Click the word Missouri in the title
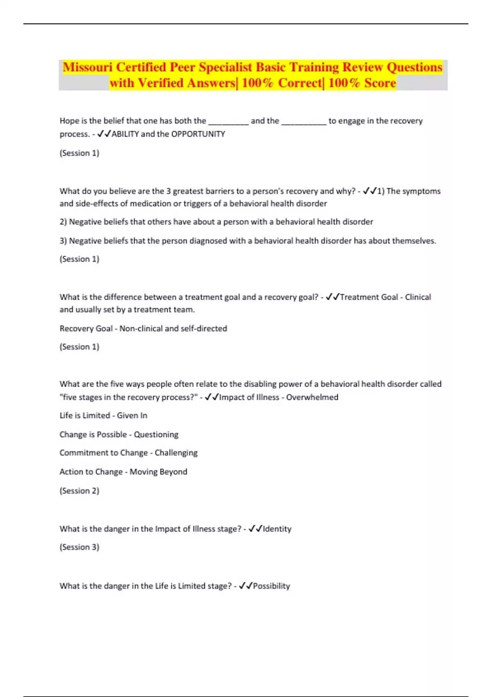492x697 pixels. pos(88,67)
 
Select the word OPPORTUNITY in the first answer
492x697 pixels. pos(198,134)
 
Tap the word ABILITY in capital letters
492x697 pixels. pos(125,134)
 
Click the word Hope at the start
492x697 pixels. pos(69,121)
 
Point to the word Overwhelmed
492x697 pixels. pos(312,397)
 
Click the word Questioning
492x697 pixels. pos(156,435)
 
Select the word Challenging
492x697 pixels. pos(176,453)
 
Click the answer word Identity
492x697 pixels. pos(277,529)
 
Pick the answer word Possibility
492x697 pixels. pos(271,586)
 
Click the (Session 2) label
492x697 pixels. pos(80,491)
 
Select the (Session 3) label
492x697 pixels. pos(80,547)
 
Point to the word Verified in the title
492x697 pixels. pos(160,83)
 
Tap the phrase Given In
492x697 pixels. pos(132,416)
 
